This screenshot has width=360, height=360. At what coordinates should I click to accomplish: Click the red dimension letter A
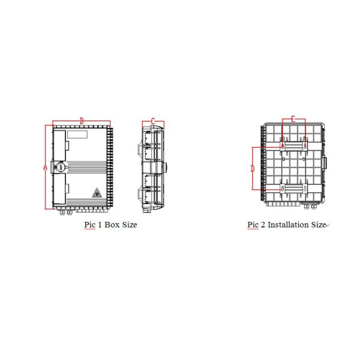point(45,168)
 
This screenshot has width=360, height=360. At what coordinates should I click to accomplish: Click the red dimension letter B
point(82,121)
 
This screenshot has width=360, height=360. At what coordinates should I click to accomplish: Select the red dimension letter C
point(153,121)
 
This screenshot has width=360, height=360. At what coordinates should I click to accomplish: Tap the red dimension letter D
point(253,169)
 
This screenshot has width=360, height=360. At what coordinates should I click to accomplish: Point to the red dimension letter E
point(293,119)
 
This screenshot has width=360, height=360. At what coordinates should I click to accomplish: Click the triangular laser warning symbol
point(96,193)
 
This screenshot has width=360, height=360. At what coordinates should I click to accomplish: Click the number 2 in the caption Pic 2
point(262,225)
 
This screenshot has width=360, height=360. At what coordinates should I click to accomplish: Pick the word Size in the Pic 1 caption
point(130,225)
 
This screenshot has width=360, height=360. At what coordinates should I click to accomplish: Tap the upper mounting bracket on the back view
point(293,145)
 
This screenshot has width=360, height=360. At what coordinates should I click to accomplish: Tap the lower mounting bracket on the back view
point(293,190)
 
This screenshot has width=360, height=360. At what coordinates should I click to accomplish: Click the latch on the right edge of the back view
point(325,163)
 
